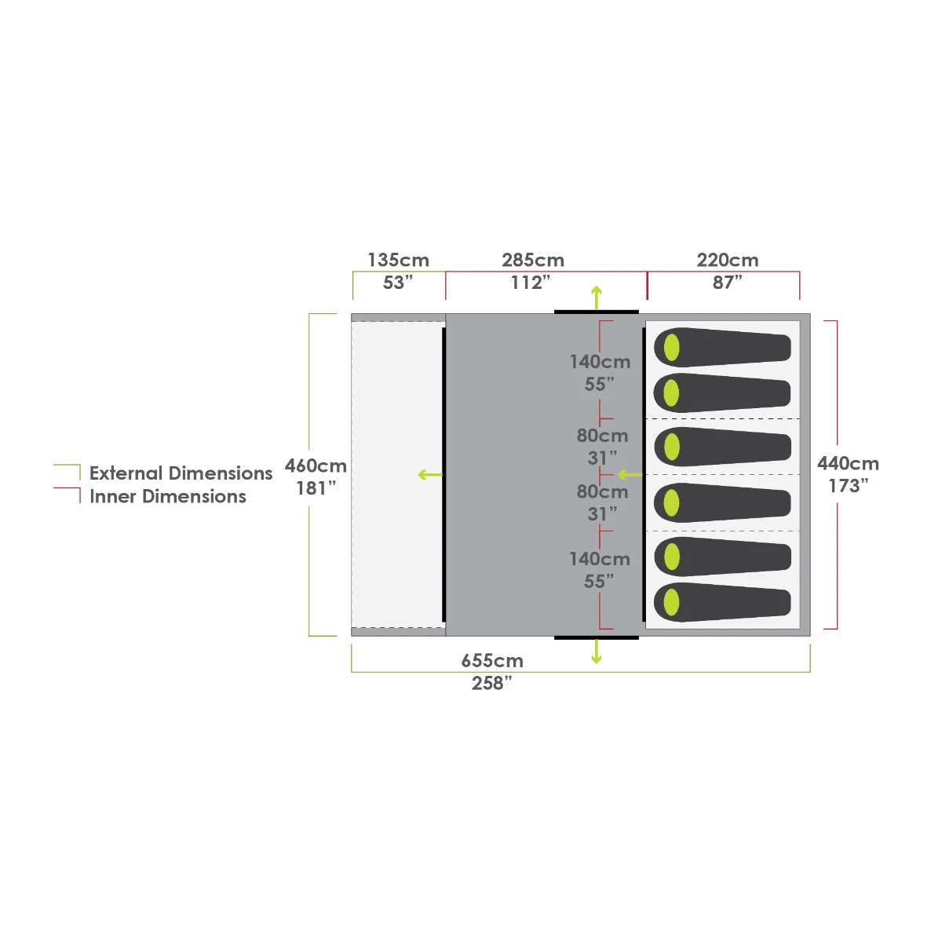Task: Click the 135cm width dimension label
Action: click(398, 260)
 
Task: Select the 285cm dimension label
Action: click(533, 260)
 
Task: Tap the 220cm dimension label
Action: click(727, 260)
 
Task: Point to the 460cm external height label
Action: click(316, 466)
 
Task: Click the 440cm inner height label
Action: click(848, 463)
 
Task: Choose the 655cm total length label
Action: click(492, 661)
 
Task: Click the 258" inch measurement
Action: click(492, 683)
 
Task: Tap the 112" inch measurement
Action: click(531, 283)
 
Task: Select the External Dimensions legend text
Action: click(181, 473)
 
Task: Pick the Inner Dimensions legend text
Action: click(168, 497)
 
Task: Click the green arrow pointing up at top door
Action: click(597, 298)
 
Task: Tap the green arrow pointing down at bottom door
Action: click(597, 652)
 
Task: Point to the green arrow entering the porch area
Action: click(429, 475)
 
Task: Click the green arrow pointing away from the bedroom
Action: click(630, 475)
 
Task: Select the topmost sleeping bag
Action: click(722, 347)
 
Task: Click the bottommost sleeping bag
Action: click(722, 602)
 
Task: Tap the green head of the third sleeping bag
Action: click(672, 447)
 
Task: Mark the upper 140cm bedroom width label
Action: click(600, 362)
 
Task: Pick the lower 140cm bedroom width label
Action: click(600, 559)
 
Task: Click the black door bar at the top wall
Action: click(597, 312)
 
